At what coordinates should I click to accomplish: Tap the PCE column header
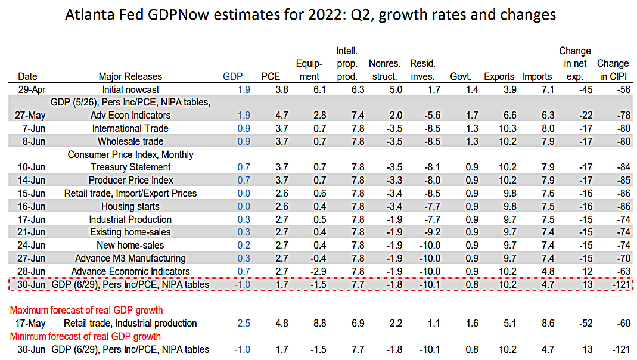[271, 76]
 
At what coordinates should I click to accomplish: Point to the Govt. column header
[461, 76]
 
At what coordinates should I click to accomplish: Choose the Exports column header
[499, 76]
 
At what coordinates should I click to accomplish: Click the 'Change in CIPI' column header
[613, 70]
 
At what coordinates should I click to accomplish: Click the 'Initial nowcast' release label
[130, 89]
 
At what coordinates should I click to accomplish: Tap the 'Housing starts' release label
[130, 206]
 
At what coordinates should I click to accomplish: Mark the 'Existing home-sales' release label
[130, 232]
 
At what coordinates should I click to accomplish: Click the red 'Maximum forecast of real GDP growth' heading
[86, 310]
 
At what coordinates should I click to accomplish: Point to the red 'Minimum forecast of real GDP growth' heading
[86, 336]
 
